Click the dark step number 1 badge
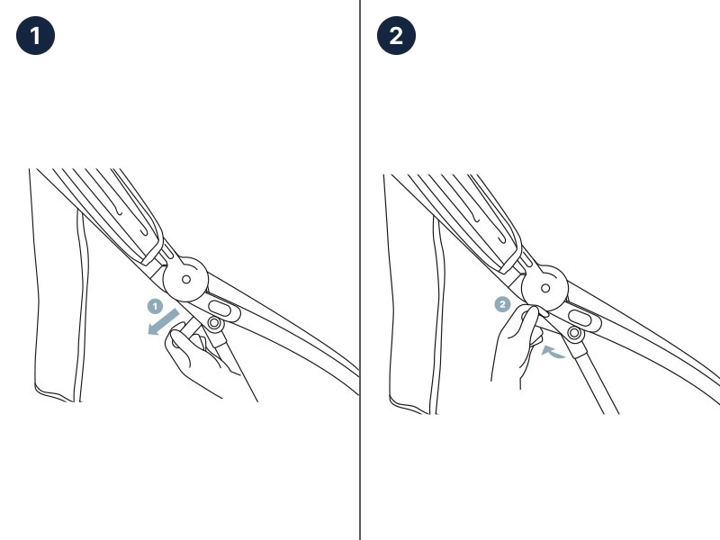35,35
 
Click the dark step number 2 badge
396,35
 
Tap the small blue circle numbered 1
155,306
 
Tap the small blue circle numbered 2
502,304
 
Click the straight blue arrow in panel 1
163,322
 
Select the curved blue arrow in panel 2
553,352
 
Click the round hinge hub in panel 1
186,279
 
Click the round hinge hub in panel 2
545,288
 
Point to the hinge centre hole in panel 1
186,279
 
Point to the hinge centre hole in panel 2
545,288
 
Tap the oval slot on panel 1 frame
220,308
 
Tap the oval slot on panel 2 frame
580,318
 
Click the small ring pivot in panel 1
214,323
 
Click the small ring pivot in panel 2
574,332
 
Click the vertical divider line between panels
360,270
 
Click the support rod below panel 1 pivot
237,367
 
